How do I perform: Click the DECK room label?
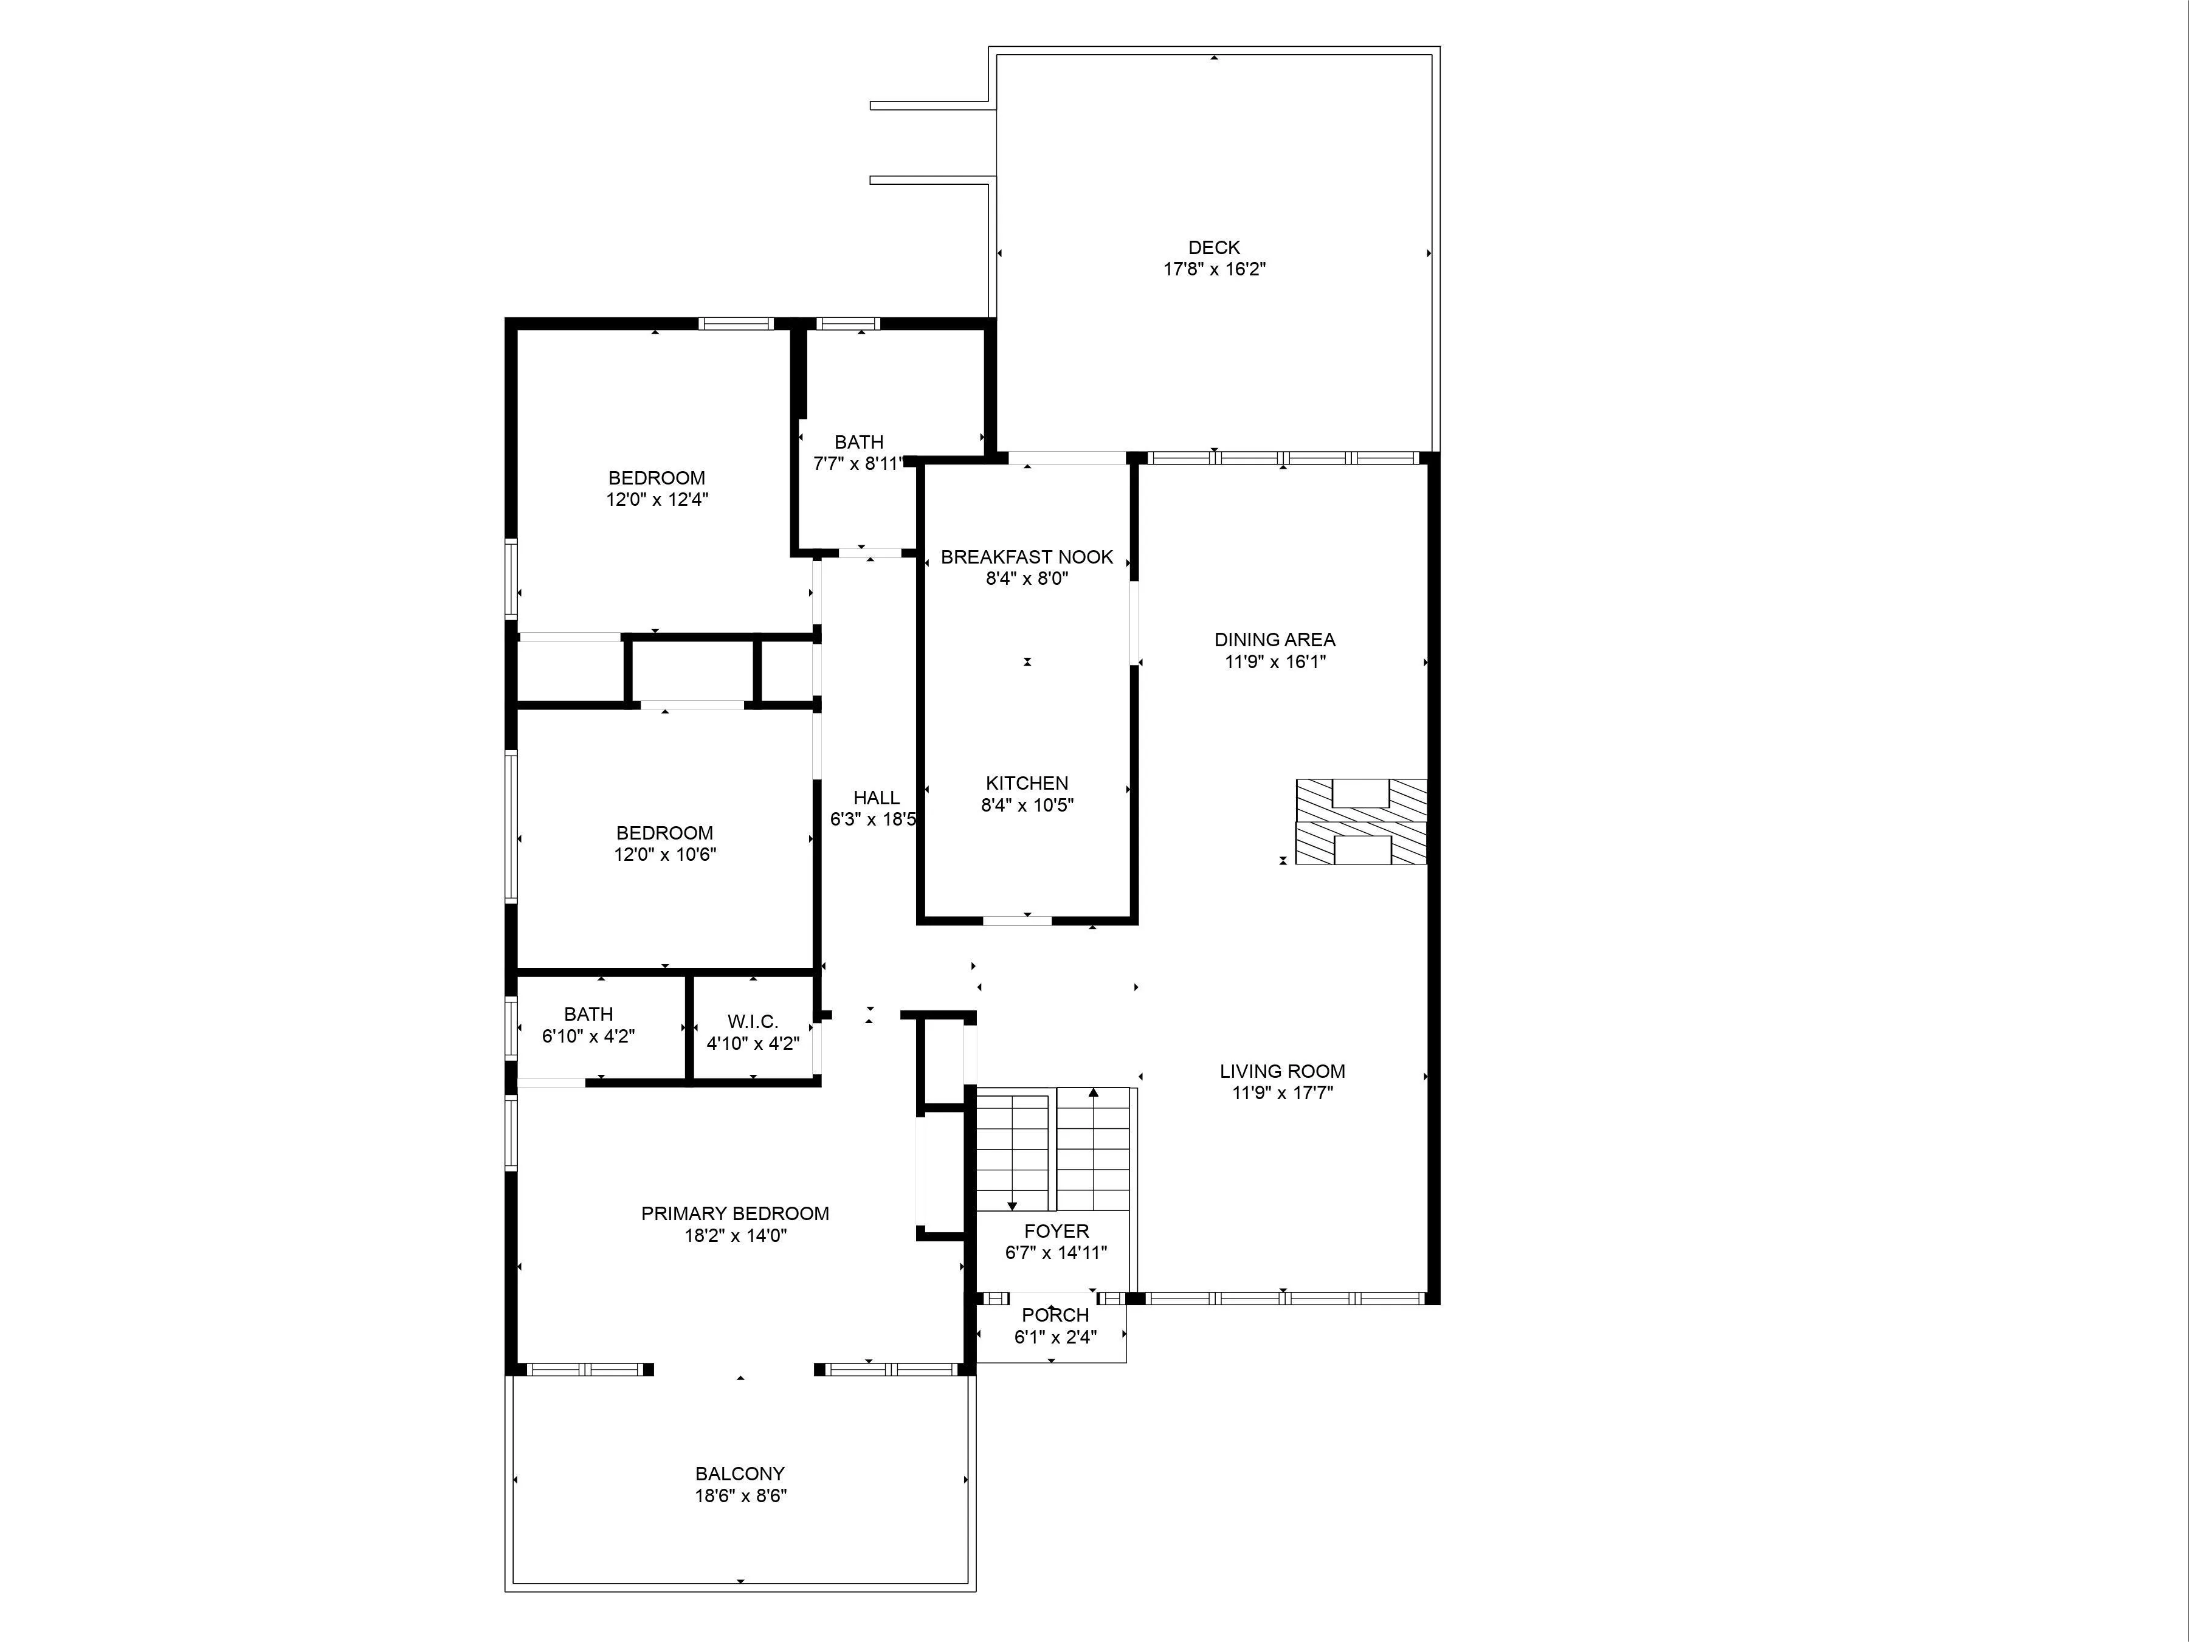point(1213,247)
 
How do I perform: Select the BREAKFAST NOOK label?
point(1026,557)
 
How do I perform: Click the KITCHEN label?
point(1026,783)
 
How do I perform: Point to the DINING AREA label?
point(1275,640)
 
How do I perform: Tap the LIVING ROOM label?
point(1281,1071)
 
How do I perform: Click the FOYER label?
point(1056,1231)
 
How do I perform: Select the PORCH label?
point(1055,1316)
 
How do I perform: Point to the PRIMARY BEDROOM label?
point(734,1213)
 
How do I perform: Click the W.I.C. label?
point(752,1021)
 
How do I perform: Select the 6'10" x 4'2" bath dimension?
point(588,1037)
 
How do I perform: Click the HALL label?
point(876,798)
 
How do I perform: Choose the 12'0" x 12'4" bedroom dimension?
point(657,500)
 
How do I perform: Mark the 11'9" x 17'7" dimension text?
point(1281,1092)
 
